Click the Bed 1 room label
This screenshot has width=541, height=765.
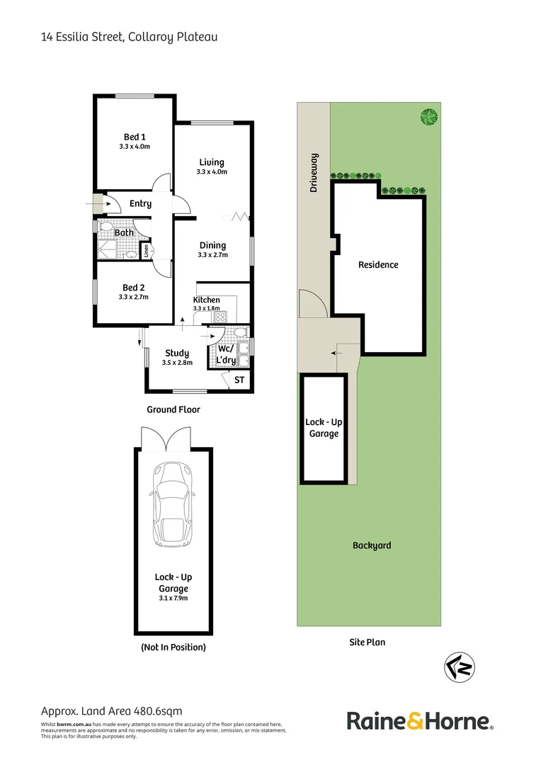(x=135, y=137)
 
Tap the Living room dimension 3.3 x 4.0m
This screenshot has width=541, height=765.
(x=212, y=172)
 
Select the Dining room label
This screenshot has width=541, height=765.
(x=212, y=245)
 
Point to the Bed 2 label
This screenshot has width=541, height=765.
(x=134, y=287)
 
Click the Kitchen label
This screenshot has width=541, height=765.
(x=206, y=300)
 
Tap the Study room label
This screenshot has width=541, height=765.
(x=177, y=353)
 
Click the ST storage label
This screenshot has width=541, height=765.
(x=239, y=380)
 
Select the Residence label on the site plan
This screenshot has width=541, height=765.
(x=378, y=264)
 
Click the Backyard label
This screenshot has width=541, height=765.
(x=372, y=545)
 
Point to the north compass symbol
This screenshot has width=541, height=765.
(x=459, y=667)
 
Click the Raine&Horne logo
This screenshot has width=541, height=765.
(x=419, y=721)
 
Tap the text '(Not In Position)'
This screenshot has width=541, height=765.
(x=173, y=647)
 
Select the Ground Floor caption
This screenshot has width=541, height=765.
(x=173, y=409)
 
